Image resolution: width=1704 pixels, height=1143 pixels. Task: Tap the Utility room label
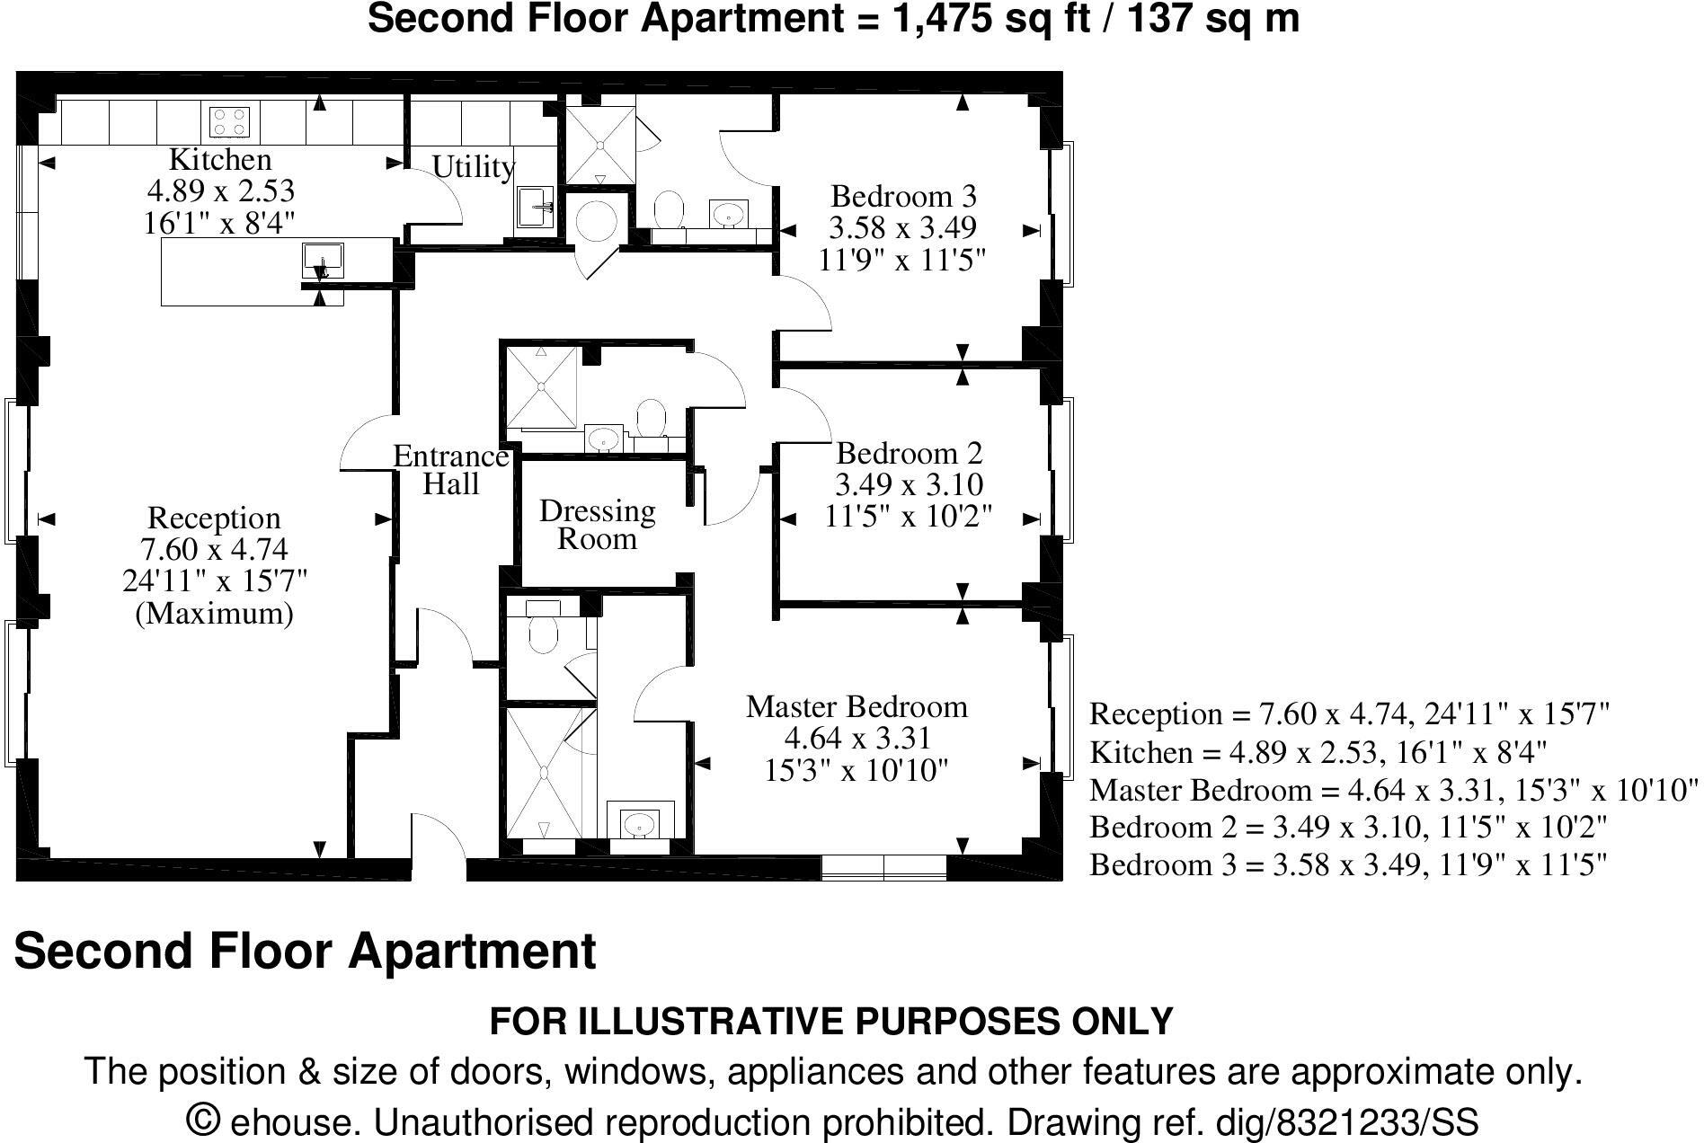coord(473,167)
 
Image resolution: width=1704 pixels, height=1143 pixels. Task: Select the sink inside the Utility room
coord(537,208)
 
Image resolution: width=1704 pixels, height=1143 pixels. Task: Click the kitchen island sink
coord(322,260)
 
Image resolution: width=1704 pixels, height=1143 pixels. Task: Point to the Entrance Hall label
coord(451,470)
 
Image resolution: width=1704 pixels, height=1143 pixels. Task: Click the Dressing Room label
coord(597,525)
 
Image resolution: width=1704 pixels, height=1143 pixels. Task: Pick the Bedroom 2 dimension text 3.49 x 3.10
coord(909,485)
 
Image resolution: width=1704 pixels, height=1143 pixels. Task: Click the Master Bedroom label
coord(856,707)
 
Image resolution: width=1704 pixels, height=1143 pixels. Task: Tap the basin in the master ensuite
coord(640,822)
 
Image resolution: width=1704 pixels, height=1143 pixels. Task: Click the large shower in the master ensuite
coord(545,773)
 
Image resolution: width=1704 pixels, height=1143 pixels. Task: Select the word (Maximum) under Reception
coord(214,614)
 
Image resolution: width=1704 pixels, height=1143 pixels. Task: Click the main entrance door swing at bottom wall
coord(439,845)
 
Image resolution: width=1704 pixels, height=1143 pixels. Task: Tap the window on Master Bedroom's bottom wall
coord(883,867)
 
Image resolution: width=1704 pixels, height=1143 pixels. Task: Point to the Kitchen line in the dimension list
coord(1318,752)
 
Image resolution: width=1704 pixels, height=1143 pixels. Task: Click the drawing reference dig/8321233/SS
coord(1345,1123)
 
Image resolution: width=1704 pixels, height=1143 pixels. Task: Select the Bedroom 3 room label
coord(903,196)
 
